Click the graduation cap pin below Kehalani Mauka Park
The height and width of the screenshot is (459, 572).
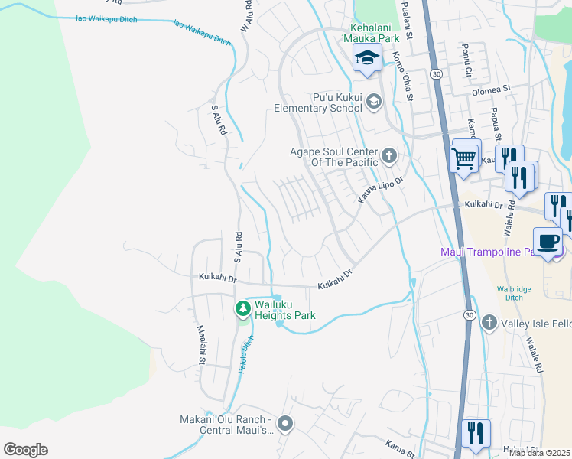(x=367, y=58)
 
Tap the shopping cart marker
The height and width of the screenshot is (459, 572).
(x=464, y=158)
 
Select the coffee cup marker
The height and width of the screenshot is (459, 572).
(x=547, y=242)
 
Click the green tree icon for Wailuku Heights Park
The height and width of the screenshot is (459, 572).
(x=242, y=308)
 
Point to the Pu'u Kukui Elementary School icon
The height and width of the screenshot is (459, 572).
(x=373, y=101)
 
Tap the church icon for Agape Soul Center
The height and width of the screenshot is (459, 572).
(x=389, y=157)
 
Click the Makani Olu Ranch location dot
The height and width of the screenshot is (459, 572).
(x=285, y=423)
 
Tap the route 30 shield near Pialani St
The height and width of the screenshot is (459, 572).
(x=436, y=74)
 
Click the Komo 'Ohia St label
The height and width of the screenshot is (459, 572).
(x=402, y=77)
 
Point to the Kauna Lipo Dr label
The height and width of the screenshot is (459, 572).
(x=381, y=187)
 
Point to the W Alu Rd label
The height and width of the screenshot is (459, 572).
(x=246, y=17)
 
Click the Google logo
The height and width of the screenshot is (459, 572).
(x=25, y=449)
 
